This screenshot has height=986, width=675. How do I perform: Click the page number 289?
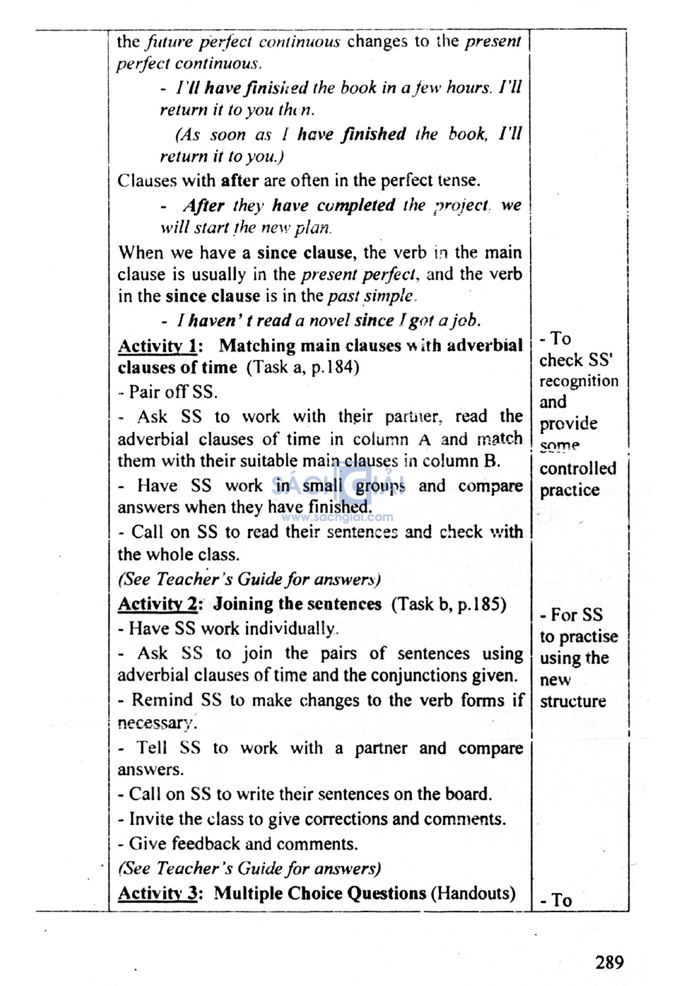click(609, 963)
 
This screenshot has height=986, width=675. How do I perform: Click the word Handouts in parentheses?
click(473, 894)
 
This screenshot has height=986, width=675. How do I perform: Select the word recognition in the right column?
click(579, 381)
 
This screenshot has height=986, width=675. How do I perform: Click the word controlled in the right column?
click(578, 469)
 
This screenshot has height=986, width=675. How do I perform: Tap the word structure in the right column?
click(573, 701)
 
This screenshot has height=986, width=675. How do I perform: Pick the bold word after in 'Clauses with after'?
click(241, 180)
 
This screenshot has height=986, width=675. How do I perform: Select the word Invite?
click(152, 819)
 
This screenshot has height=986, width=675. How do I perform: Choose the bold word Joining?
click(243, 604)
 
